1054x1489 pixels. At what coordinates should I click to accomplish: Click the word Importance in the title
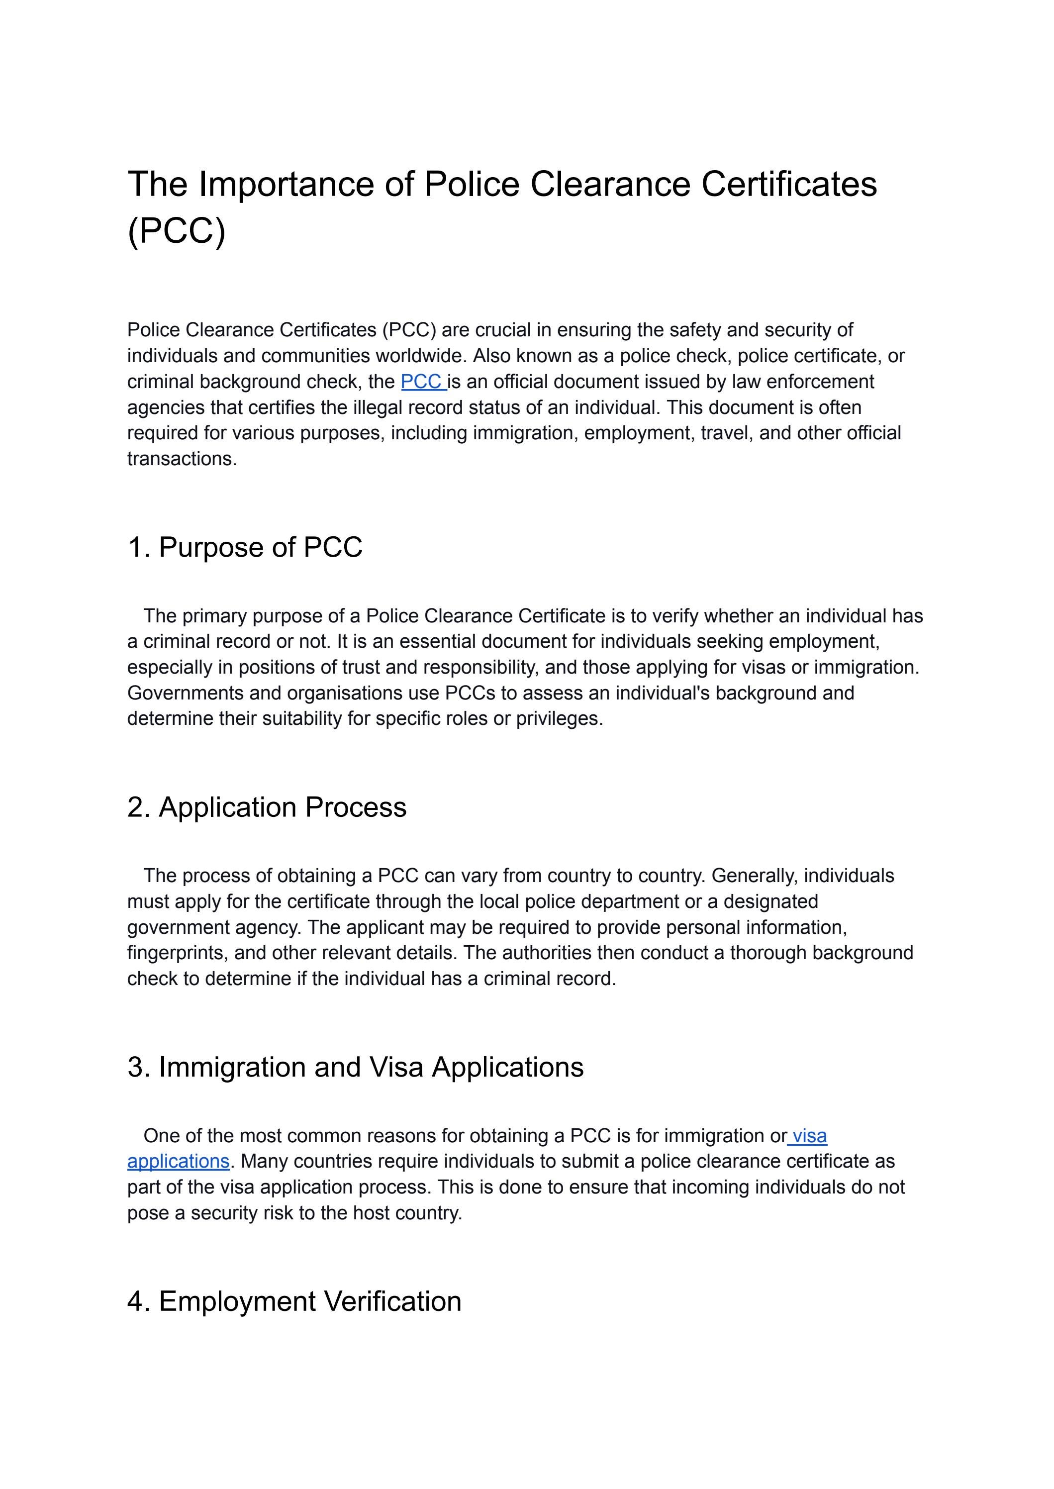(x=286, y=185)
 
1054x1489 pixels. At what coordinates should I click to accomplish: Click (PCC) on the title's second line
(x=177, y=230)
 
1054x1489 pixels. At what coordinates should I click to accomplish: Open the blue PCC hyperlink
(x=422, y=382)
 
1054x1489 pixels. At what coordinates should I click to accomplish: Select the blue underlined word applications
(x=179, y=1161)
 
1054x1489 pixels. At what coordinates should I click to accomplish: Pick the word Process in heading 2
(x=356, y=807)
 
